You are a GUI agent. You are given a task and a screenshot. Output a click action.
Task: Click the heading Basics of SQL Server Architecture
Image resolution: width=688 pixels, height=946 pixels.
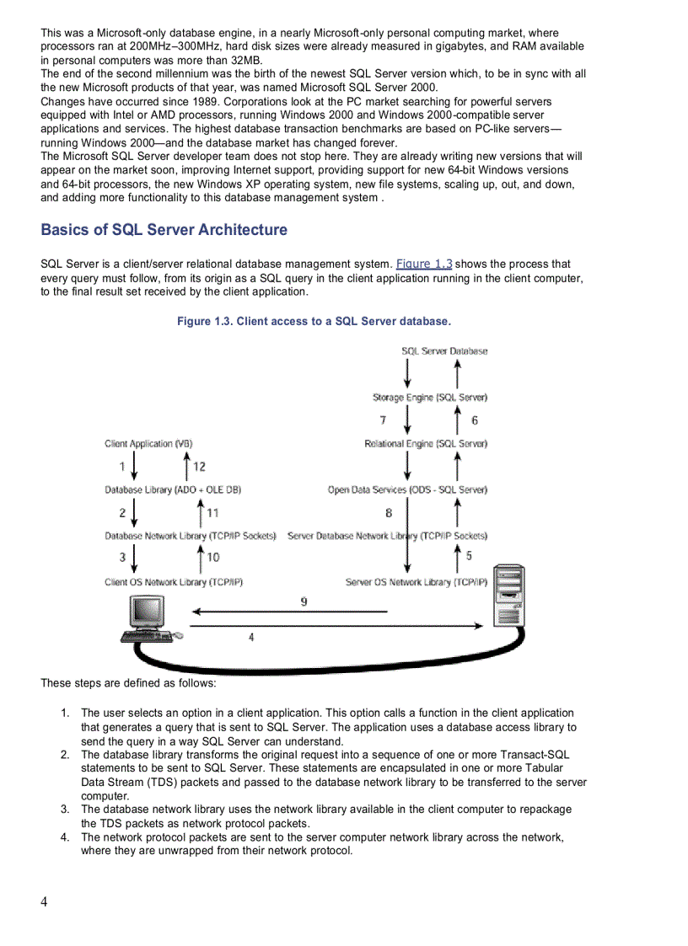pyautogui.click(x=164, y=230)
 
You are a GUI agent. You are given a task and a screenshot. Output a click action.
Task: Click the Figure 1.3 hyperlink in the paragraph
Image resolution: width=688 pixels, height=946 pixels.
pyautogui.click(x=424, y=264)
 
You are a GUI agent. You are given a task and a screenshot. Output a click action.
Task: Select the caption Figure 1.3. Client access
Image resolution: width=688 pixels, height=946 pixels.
pyautogui.click(x=314, y=321)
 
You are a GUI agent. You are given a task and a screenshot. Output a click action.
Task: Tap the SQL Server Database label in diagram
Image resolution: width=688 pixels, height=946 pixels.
pyautogui.click(x=443, y=351)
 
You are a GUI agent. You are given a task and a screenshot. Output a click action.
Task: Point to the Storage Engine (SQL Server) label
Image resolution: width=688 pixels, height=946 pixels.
pyautogui.click(x=430, y=398)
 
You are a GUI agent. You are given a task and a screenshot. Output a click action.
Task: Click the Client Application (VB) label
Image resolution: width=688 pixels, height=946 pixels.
pyautogui.click(x=148, y=444)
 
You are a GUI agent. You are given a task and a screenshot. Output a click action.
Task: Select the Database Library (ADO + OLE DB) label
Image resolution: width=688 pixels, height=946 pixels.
pyautogui.click(x=173, y=489)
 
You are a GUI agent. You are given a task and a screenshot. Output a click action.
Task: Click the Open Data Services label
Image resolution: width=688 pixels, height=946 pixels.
pyautogui.click(x=407, y=489)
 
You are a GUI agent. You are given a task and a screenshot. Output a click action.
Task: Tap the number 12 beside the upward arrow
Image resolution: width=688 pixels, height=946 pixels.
pyautogui.click(x=199, y=467)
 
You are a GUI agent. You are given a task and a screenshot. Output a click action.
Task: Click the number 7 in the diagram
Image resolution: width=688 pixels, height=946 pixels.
pyautogui.click(x=384, y=420)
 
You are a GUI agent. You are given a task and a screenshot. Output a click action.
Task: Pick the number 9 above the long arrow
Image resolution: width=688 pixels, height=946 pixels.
pyautogui.click(x=304, y=601)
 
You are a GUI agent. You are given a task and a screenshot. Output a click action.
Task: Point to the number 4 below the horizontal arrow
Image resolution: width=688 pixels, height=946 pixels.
pyautogui.click(x=251, y=638)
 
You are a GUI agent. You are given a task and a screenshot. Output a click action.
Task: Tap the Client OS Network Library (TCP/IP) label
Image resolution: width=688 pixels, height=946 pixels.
pyautogui.click(x=174, y=582)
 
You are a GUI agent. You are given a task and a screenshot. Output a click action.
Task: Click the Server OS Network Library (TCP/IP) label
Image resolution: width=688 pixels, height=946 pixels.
pyautogui.click(x=416, y=582)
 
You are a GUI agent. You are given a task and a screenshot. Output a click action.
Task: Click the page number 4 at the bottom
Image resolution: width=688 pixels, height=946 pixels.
pyautogui.click(x=44, y=902)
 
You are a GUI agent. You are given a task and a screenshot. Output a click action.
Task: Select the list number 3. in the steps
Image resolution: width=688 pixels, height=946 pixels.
pyautogui.click(x=65, y=810)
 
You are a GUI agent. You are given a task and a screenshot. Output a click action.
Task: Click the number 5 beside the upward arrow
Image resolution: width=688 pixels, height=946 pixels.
pyautogui.click(x=469, y=556)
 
